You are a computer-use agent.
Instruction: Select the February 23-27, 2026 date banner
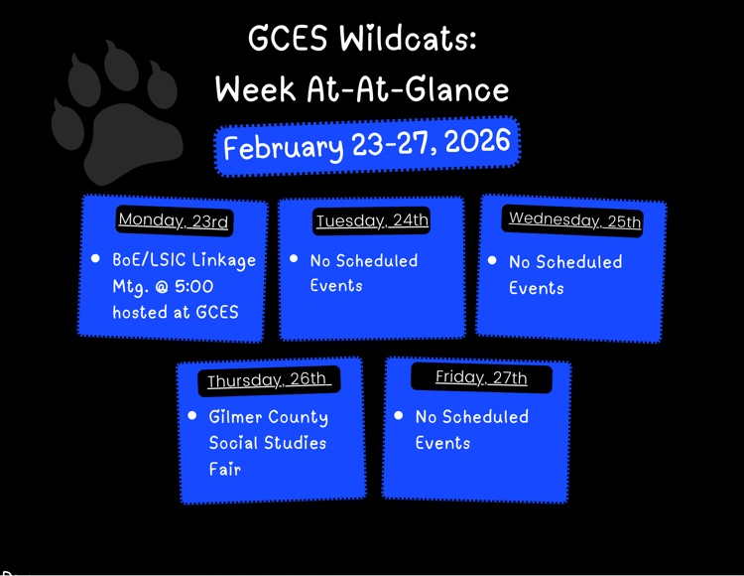click(x=367, y=146)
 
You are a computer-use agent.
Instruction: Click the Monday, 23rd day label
click(x=174, y=220)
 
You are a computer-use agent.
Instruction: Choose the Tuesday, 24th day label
click(x=372, y=220)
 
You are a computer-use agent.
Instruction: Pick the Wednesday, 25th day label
click(x=574, y=219)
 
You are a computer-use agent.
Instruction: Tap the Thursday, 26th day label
click(x=267, y=379)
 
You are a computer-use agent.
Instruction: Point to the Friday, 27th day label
click(x=481, y=377)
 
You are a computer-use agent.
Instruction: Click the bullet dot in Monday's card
click(x=96, y=258)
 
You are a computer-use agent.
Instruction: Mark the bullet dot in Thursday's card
click(x=192, y=416)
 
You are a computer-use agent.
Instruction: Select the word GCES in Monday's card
click(x=217, y=312)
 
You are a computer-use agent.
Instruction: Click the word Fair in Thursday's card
click(x=224, y=469)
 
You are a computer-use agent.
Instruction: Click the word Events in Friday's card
click(x=442, y=443)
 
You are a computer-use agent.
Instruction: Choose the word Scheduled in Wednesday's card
click(x=579, y=262)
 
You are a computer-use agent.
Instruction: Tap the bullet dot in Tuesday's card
click(x=294, y=259)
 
